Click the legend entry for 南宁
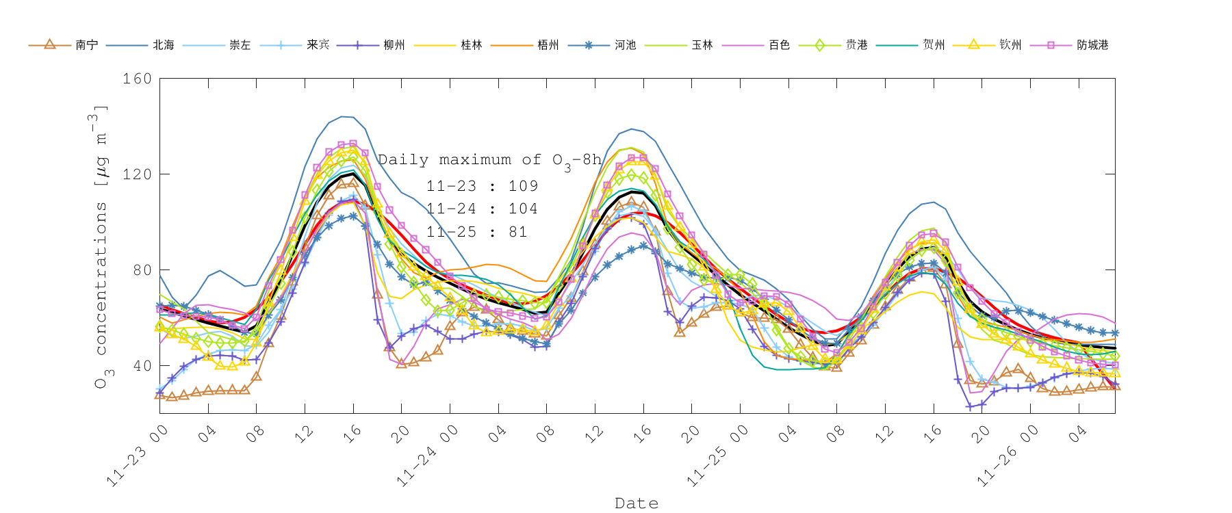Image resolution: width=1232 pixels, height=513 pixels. (86, 45)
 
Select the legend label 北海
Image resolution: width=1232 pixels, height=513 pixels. (164, 45)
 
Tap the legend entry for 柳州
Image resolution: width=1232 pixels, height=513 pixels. (394, 45)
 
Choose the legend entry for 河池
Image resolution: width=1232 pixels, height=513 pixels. (625, 45)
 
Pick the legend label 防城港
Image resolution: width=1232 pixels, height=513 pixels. (1092, 45)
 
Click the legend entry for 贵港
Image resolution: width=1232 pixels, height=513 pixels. (856, 45)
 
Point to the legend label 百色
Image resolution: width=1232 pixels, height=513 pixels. (779, 45)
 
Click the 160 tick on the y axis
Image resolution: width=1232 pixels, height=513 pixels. (137, 79)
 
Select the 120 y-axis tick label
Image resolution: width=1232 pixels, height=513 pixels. (137, 174)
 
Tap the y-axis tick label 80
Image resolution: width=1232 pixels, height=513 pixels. (142, 270)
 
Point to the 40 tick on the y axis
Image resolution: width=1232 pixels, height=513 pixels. (142, 366)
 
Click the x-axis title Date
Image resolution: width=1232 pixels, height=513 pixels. (637, 503)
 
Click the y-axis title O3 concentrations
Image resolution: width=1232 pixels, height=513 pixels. (101, 246)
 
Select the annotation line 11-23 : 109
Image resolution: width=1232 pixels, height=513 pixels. (482, 186)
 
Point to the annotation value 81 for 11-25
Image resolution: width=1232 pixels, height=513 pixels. (518, 232)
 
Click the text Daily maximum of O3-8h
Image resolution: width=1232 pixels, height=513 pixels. (489, 160)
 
